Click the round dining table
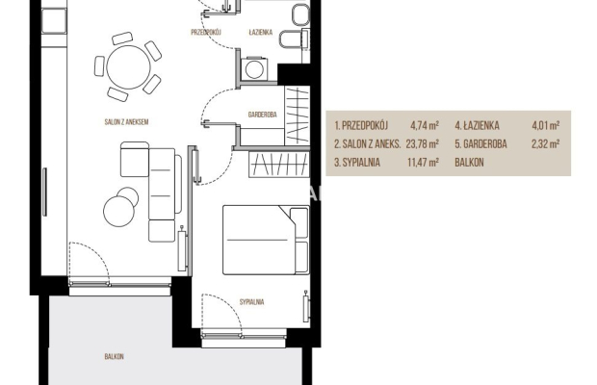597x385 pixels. point(128,67)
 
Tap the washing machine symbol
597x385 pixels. point(254,69)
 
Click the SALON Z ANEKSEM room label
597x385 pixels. point(126,122)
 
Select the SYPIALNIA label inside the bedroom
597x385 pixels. point(251,302)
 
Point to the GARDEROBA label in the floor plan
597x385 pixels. point(262,115)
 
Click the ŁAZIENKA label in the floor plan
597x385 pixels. point(261,33)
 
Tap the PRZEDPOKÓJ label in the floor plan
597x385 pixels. point(206,33)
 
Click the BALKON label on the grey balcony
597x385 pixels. point(115,357)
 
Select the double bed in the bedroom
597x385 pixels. point(266,240)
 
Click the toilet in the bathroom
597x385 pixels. point(293,38)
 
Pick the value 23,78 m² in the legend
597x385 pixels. point(423,144)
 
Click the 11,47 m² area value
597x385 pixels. point(423,163)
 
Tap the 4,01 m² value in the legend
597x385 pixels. point(546,125)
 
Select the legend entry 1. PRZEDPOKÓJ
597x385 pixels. point(361,125)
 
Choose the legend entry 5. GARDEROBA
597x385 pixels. point(480,144)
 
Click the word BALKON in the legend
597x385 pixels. point(469,163)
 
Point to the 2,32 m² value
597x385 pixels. point(546,144)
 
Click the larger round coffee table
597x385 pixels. point(118,211)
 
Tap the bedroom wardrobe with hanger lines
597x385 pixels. point(278,165)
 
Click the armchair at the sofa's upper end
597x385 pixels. point(135,160)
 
